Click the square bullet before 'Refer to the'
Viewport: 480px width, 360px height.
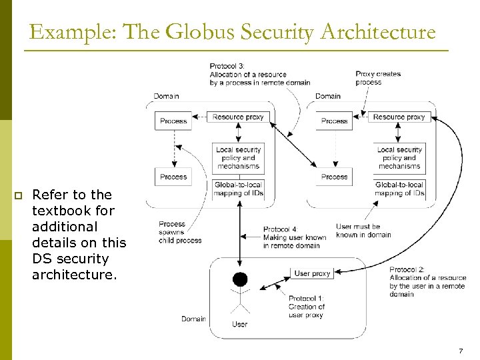pos(19,195)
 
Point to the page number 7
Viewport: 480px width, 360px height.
pos(461,351)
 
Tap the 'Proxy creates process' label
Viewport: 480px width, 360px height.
pos(378,78)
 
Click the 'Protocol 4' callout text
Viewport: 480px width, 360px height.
pos(294,237)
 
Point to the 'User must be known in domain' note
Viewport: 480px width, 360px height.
pos(363,231)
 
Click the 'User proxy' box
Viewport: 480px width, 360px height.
pos(312,273)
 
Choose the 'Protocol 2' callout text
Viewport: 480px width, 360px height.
pos(427,281)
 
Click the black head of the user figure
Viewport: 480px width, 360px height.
pos(239,279)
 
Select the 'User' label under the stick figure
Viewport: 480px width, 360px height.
pos(239,324)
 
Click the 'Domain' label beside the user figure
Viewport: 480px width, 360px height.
pos(193,319)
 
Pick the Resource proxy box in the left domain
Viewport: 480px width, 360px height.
pos(238,117)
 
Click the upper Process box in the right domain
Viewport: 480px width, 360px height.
pos(334,121)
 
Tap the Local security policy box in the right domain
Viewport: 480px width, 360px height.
pos(399,158)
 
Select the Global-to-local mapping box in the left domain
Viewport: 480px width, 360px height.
pos(238,189)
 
